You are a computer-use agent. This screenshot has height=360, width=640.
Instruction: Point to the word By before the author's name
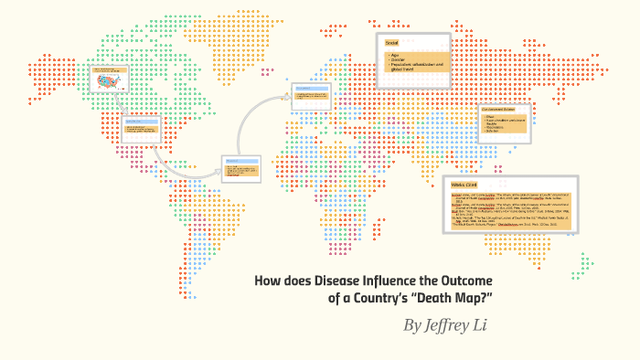tap(414, 326)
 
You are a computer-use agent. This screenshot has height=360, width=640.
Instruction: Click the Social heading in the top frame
tap(392, 44)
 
